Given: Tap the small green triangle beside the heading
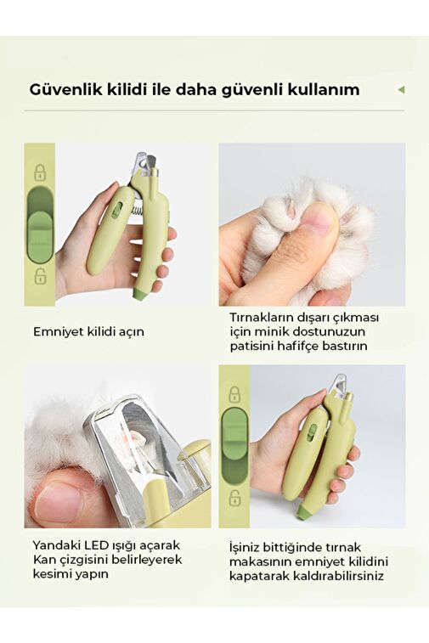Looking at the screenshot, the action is [402, 89].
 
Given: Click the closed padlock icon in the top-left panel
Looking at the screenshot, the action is [40, 172].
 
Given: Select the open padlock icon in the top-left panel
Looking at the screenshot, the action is [40, 276].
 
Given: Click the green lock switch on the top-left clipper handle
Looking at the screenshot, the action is [116, 210].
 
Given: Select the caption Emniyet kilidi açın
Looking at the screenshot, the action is [88, 331].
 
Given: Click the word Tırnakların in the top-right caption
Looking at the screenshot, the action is [263, 318].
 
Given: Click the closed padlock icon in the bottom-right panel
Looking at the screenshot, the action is [234, 394].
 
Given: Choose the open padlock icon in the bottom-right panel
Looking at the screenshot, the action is [234, 498].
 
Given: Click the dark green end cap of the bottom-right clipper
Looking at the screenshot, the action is [303, 512].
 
